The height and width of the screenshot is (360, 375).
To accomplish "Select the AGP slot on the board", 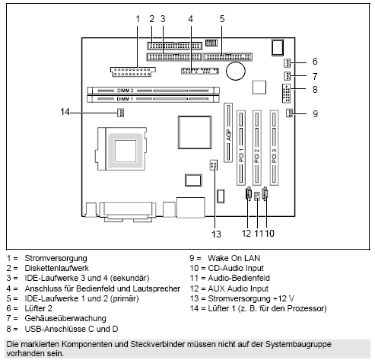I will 227,137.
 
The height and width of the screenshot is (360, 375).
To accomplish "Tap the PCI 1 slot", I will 242,148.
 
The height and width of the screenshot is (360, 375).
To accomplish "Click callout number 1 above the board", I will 138,18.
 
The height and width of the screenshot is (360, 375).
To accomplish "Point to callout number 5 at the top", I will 222,18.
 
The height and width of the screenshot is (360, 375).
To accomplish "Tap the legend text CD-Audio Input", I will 237,269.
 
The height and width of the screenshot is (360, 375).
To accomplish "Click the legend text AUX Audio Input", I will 239,288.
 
